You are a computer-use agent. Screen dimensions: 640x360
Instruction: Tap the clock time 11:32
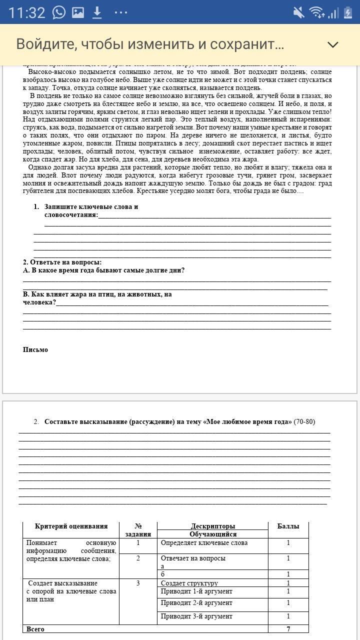pos(26,12)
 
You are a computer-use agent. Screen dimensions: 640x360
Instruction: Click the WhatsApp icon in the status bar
pos(59,12)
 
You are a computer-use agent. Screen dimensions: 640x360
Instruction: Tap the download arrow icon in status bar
pos(97,12)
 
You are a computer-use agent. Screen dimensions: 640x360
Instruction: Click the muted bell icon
pos(298,12)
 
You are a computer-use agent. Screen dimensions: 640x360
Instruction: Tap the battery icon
pos(347,12)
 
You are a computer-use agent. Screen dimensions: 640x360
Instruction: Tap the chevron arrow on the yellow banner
pos(332,44)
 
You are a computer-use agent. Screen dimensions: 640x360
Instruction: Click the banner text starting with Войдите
pos(150,44)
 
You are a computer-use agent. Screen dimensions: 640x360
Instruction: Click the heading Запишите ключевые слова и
pos(91,206)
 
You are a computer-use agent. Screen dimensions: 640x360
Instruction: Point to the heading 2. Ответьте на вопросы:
pos(62,262)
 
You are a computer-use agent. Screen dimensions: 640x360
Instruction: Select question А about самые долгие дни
pos(104,270)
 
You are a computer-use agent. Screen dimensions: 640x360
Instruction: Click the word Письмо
pos(35,349)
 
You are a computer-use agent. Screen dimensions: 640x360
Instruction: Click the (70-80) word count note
pos(304,421)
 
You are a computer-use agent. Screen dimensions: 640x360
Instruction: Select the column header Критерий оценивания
pos(71,526)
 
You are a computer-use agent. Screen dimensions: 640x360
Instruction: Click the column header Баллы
pos(288,526)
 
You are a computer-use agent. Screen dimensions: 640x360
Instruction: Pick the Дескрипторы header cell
pos(212,526)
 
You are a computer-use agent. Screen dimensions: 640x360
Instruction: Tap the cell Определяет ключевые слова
pos(204,542)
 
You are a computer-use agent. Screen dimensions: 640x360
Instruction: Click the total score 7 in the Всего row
pos(288,629)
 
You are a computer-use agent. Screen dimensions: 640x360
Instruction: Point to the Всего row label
pos(35,629)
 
